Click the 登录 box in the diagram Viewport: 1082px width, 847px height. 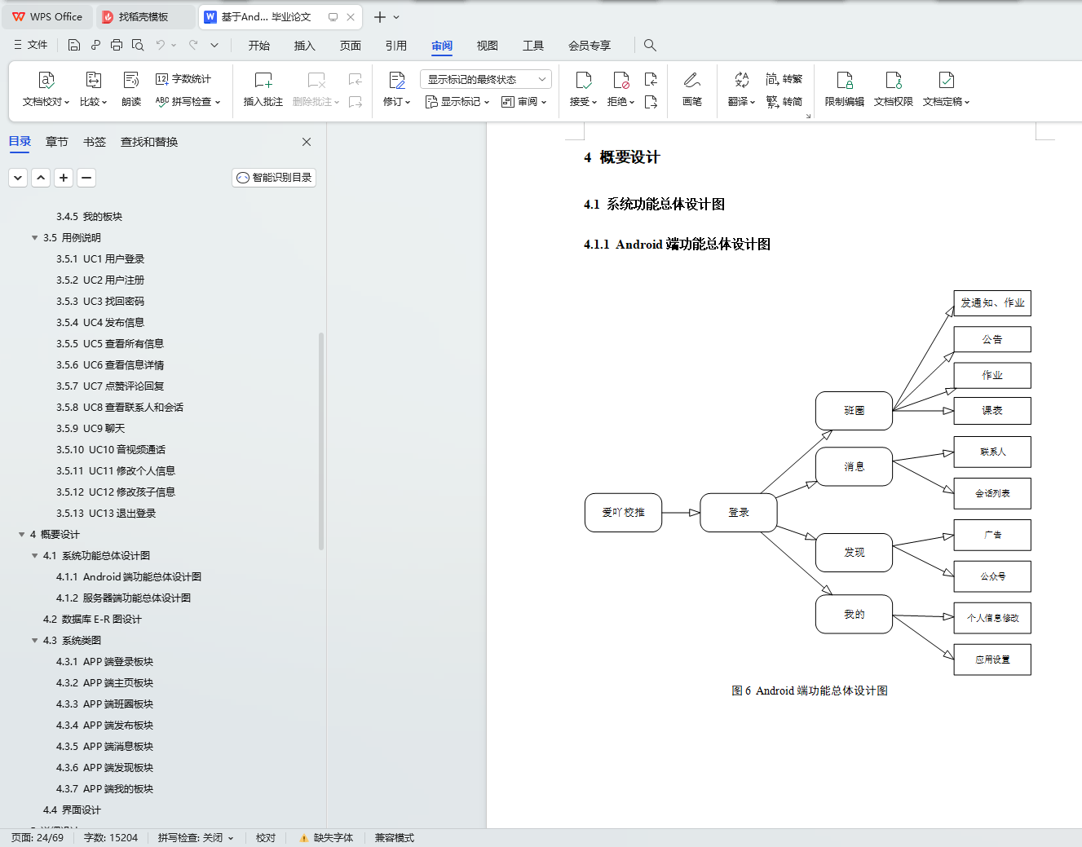[x=738, y=513]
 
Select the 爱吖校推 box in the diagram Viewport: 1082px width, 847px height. [x=623, y=513]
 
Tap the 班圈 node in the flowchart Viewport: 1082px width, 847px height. [x=854, y=411]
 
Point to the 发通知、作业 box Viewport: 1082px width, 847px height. [x=991, y=303]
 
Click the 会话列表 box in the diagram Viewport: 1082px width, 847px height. [x=991, y=493]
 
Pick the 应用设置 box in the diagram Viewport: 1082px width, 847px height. [x=991, y=660]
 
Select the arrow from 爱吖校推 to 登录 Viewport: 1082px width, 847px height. [x=681, y=513]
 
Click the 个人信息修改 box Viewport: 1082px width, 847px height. [x=991, y=618]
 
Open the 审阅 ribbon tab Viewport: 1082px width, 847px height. [x=442, y=46]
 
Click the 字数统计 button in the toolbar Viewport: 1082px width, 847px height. [x=184, y=79]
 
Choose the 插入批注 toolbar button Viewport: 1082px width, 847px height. [x=263, y=89]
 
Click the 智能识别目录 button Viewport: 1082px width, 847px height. [x=274, y=178]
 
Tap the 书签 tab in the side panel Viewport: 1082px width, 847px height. [x=95, y=142]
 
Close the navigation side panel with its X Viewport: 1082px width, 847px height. [x=307, y=142]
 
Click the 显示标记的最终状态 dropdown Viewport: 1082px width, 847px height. [x=486, y=79]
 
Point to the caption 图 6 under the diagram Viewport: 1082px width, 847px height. [x=809, y=690]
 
